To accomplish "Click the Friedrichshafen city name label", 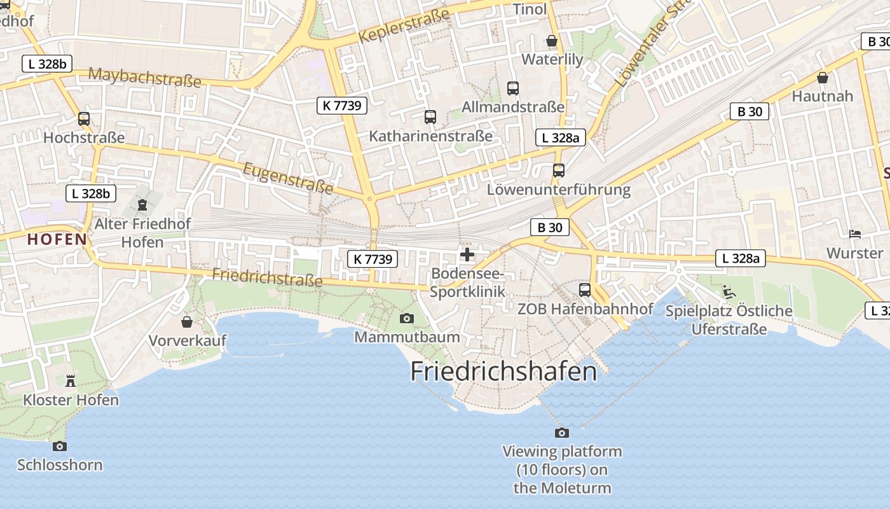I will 503,372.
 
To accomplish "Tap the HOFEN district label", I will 57,239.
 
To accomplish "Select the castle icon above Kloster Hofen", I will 71,381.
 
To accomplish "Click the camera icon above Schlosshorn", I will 60,446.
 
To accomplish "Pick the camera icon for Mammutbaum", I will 407,318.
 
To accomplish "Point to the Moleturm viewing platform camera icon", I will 562,433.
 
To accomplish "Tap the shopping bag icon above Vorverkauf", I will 187,322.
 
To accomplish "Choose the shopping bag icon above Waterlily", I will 552,41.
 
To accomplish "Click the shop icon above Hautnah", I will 823,78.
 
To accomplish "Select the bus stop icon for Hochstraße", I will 84,119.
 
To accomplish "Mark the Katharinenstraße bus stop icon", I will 430,117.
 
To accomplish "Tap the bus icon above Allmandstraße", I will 513,88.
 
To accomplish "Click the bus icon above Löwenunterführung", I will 559,171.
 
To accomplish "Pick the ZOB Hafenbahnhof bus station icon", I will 585,290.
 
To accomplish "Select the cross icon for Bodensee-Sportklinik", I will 467,255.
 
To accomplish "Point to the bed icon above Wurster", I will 855,234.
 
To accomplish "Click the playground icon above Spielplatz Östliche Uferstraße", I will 729,292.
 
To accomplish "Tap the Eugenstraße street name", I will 288,178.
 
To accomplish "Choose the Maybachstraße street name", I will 145,78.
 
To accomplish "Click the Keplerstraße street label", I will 404,25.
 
